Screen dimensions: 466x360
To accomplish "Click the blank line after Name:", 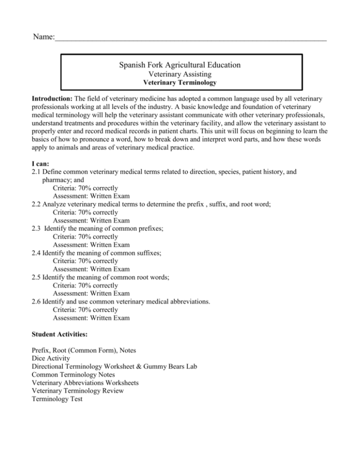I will click(190, 39).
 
